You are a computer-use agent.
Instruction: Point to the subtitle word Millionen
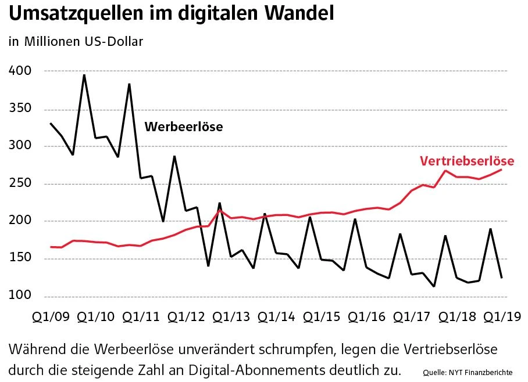(56, 42)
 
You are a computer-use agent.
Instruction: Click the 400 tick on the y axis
(20, 71)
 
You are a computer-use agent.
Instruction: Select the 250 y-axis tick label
(20, 184)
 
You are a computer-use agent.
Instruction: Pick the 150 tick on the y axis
(20, 258)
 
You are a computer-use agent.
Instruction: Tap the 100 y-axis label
(20, 295)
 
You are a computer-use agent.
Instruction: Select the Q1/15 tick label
(322, 317)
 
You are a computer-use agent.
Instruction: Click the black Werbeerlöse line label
(184, 127)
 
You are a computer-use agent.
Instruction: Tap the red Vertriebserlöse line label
(467, 161)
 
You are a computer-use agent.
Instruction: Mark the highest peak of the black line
(84, 75)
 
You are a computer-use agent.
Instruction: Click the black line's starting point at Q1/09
(51, 123)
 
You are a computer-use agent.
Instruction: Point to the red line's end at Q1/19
(501, 169)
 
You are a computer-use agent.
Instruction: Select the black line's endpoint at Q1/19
(501, 278)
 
